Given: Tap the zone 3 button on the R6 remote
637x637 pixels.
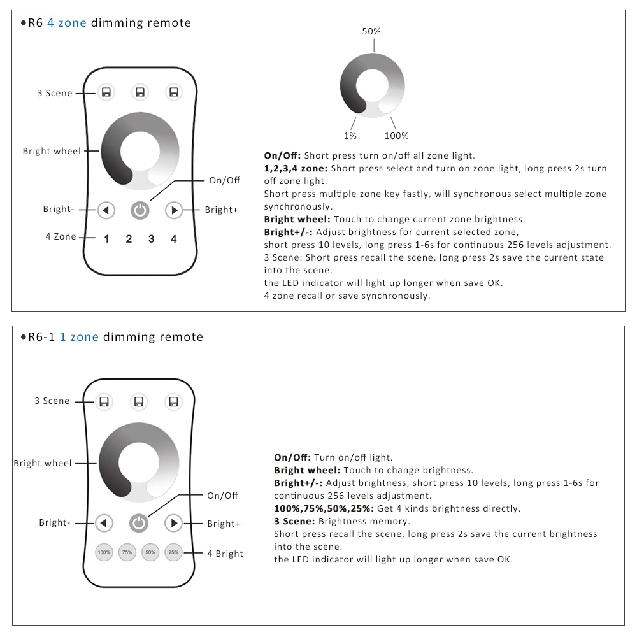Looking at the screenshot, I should click(151, 239).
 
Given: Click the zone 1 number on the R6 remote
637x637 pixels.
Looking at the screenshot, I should click(106, 239).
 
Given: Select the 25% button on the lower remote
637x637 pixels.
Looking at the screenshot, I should click(173, 552).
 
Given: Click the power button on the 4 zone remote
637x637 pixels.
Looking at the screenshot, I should click(140, 210).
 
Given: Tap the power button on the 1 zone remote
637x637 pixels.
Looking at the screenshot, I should click(138, 524).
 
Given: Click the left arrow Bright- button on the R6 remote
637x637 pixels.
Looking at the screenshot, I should click(106, 210).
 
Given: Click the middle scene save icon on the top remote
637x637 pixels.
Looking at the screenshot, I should click(140, 93).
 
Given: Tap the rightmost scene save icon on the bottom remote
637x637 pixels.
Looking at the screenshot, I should click(173, 402).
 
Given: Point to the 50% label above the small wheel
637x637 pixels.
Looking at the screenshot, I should click(371, 31).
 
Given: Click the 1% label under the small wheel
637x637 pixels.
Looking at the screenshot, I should click(350, 136).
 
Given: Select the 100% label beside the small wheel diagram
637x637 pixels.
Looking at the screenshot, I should click(396, 136).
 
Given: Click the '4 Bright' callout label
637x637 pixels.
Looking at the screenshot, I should click(225, 554).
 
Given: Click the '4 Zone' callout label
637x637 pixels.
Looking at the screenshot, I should click(61, 236).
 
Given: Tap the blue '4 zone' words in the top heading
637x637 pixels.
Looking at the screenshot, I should click(68, 23).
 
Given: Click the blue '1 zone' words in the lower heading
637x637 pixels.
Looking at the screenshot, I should click(79, 337).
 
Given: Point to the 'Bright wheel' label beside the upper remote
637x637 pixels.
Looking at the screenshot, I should click(52, 151).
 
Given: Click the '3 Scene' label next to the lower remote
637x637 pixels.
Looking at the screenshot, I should click(52, 401).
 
